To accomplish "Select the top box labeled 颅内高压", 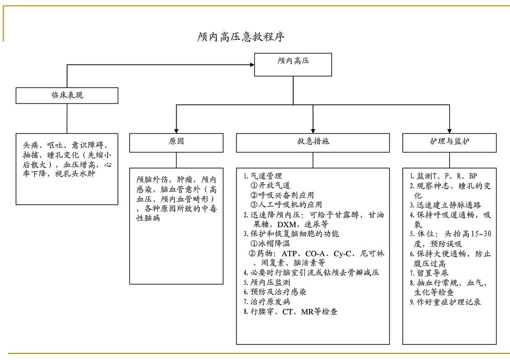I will (293, 64).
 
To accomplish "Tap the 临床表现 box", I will (67, 95).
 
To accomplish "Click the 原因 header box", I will (176, 143).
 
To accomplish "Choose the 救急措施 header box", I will (312, 143).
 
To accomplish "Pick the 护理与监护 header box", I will (449, 143).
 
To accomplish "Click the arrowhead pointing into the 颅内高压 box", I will (251, 64).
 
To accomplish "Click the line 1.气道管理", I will (263, 176).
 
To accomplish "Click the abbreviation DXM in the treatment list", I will (289, 224).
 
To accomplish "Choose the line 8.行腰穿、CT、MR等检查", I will (291, 312).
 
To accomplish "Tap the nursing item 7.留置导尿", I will (430, 273).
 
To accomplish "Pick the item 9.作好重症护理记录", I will (446, 302).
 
